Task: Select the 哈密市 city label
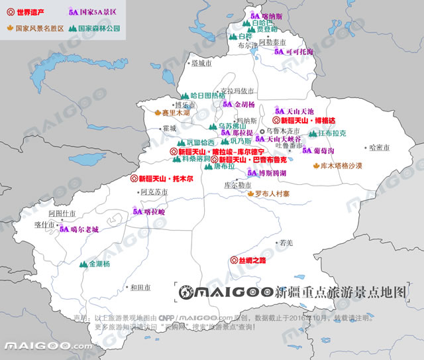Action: click(381, 147)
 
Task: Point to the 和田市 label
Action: click(140, 287)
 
